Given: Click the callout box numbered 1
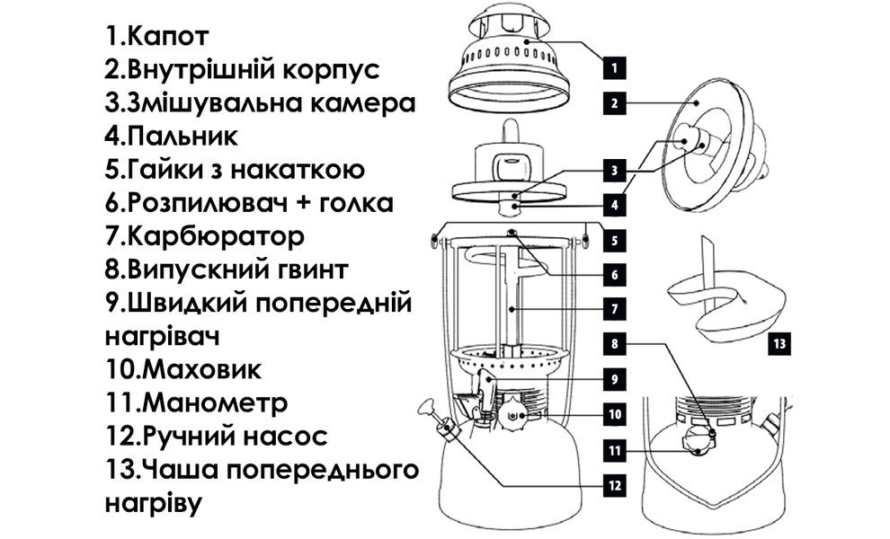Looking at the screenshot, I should [x=612, y=66].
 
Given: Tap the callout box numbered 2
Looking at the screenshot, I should [x=612, y=103].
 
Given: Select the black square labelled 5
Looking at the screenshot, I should [x=612, y=240].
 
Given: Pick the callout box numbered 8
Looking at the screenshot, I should [x=612, y=343].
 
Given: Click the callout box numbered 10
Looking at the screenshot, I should [x=612, y=414].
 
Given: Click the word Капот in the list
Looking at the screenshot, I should [x=169, y=37].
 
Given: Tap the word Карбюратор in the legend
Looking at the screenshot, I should [x=216, y=236].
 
